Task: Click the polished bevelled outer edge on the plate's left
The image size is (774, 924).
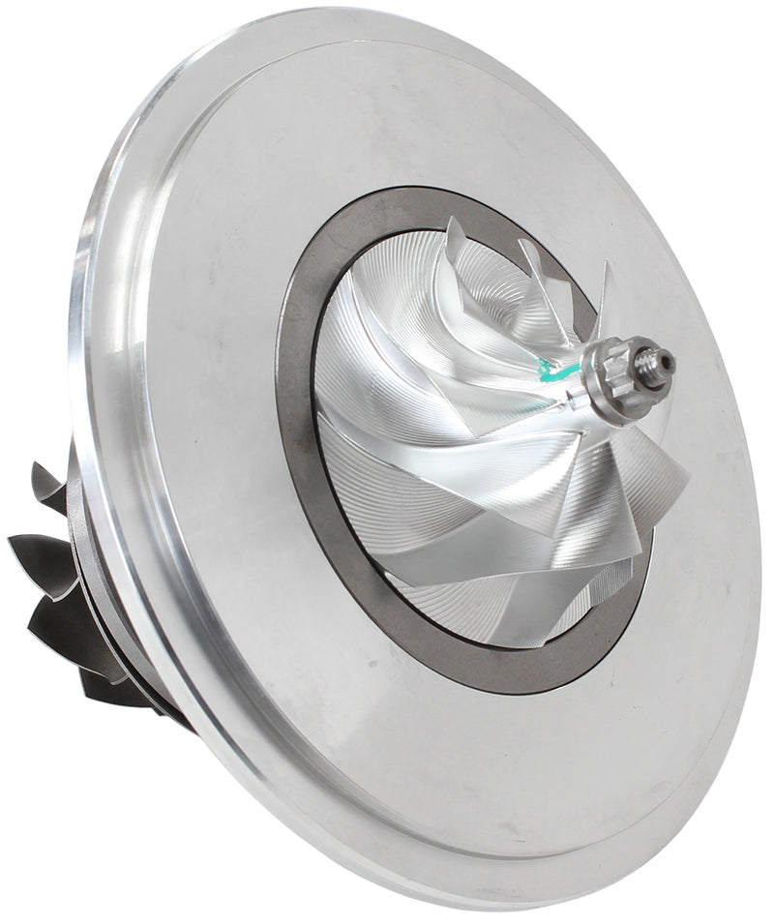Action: coord(92,406)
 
